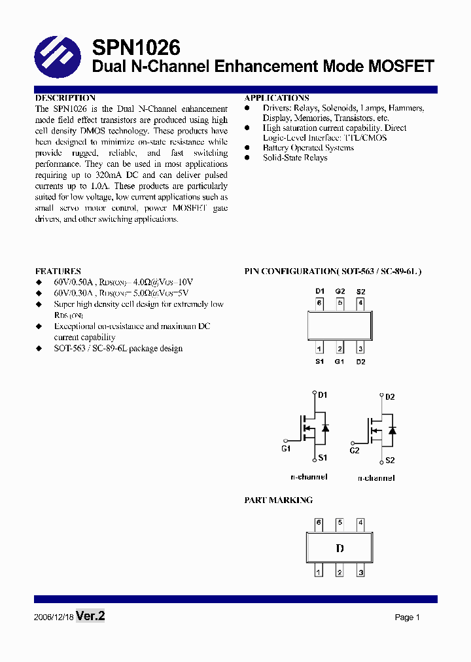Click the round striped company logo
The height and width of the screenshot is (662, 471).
click(58, 57)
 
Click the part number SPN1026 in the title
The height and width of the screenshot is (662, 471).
click(135, 48)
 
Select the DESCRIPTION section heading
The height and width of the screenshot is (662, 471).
click(65, 97)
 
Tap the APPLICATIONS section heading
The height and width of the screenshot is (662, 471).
click(277, 97)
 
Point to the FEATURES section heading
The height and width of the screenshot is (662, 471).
click(58, 271)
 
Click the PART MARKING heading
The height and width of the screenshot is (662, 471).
click(279, 500)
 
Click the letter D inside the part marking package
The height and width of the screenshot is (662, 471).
click(340, 549)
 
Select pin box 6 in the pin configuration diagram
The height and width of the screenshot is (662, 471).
click(319, 303)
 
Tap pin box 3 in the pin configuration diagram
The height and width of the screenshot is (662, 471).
click(360, 349)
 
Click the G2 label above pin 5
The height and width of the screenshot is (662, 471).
click(340, 291)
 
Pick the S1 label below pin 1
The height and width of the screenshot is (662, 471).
click(319, 361)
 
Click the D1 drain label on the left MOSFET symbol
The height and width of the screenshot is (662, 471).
click(323, 395)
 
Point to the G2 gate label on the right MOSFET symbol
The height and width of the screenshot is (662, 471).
click(355, 450)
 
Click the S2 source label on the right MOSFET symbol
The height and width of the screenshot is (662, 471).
click(390, 461)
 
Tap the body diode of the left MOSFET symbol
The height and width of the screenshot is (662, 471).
click(325, 428)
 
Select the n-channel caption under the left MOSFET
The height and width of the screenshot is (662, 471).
click(309, 477)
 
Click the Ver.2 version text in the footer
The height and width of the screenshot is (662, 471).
click(90, 616)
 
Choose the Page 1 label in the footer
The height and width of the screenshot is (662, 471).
click(407, 618)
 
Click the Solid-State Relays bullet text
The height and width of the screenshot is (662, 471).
click(295, 158)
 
